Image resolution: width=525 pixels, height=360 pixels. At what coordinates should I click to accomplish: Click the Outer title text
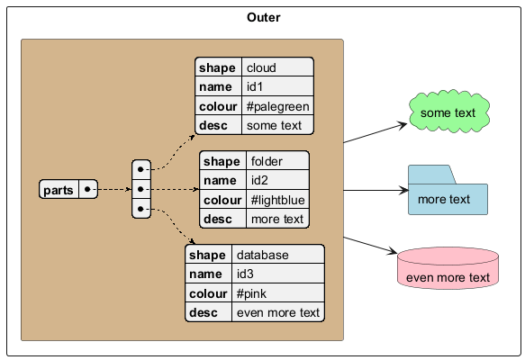264,17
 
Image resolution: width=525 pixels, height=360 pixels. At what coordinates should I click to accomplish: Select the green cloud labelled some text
449,112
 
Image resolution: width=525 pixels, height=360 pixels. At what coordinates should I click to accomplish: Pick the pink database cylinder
448,268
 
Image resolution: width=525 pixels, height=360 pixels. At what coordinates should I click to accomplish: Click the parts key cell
59,189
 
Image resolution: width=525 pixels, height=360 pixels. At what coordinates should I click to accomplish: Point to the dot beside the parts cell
87,189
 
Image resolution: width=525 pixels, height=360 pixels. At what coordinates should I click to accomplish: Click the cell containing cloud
277,67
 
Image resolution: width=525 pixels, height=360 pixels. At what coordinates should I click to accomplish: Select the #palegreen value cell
277,105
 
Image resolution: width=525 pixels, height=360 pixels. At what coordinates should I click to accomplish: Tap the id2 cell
277,180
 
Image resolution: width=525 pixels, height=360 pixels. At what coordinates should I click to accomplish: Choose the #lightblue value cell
277,200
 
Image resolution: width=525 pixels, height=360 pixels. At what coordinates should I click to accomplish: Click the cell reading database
278,255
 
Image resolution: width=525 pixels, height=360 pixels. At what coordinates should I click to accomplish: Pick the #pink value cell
278,293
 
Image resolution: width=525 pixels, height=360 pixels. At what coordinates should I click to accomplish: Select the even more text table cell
278,312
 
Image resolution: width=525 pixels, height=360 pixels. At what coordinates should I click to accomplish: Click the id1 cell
277,86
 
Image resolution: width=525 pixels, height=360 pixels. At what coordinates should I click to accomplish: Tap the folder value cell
277,160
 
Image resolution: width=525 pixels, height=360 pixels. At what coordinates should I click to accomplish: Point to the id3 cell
278,274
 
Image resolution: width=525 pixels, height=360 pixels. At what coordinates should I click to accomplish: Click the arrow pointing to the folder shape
376,191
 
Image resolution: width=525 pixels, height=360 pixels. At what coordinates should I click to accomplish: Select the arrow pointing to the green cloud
376,133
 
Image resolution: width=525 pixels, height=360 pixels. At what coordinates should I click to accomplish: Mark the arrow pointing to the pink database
370,245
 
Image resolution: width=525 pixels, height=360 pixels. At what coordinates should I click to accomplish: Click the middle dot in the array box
140,189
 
